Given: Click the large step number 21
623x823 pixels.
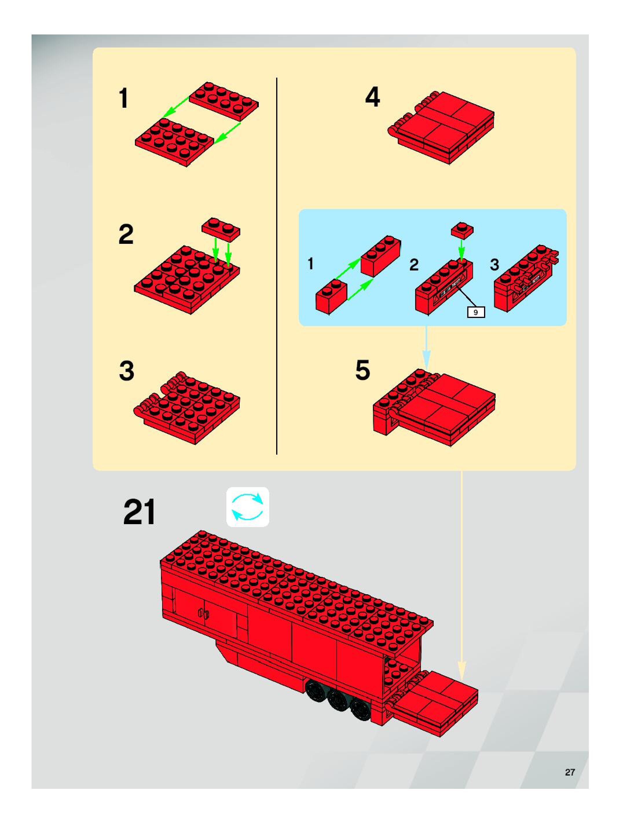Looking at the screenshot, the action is click(139, 512).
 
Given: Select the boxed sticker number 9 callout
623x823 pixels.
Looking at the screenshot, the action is click(476, 312).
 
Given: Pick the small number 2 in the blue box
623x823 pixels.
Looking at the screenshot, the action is click(414, 265).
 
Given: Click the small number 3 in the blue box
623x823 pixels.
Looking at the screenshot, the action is click(494, 265).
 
